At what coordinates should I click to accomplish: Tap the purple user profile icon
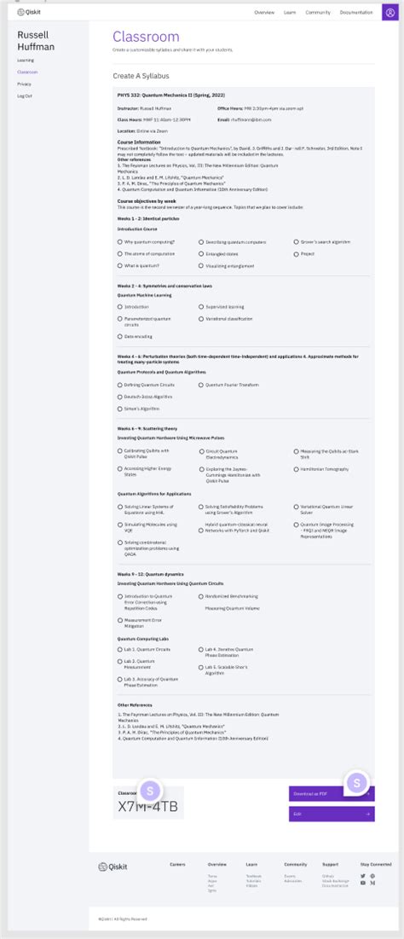click(390, 13)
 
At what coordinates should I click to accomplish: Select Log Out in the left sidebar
click(24, 96)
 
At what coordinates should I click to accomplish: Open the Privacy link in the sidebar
click(24, 84)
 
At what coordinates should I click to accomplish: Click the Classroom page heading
click(146, 37)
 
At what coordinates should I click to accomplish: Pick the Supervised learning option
click(201, 306)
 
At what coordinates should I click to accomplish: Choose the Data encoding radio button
click(120, 336)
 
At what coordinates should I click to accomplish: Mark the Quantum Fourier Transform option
click(201, 385)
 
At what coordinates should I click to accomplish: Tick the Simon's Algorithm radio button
click(120, 409)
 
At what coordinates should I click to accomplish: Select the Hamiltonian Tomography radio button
click(296, 469)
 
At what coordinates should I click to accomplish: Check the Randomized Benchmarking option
click(201, 596)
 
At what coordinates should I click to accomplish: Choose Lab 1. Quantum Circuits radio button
click(120, 649)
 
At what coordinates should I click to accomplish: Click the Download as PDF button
click(331, 793)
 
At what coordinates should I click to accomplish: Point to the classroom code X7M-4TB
click(147, 807)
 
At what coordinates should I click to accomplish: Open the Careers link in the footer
click(177, 864)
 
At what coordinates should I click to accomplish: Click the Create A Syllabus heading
click(141, 76)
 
